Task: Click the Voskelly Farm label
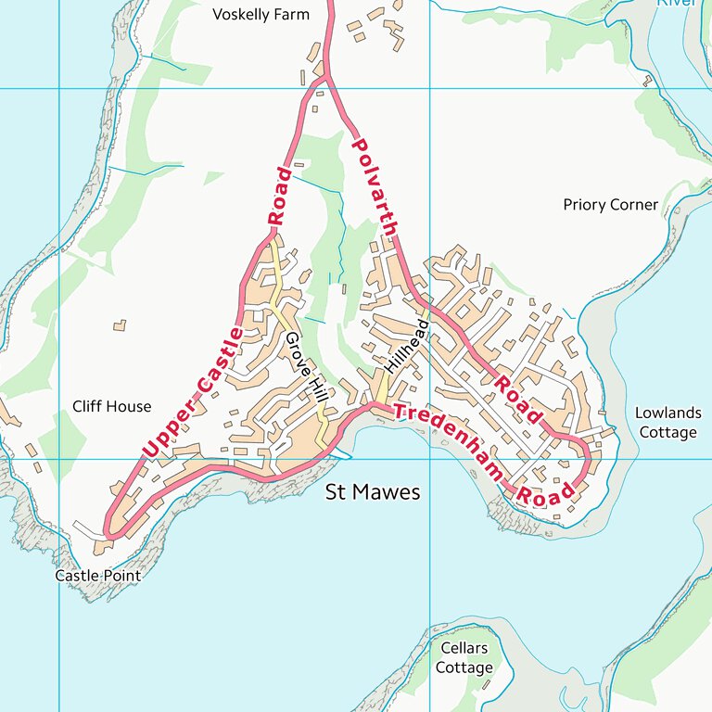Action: [x=261, y=14]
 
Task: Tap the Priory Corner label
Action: [x=610, y=205]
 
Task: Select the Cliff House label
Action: [x=111, y=406]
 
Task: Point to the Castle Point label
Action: [x=97, y=576]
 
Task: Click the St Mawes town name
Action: [x=373, y=492]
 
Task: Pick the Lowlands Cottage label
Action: [x=667, y=423]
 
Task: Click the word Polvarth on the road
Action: [x=376, y=186]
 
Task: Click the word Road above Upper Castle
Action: [x=278, y=197]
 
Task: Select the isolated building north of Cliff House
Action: [x=119, y=325]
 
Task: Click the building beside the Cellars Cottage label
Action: [x=486, y=685]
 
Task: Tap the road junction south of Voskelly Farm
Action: [x=323, y=80]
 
